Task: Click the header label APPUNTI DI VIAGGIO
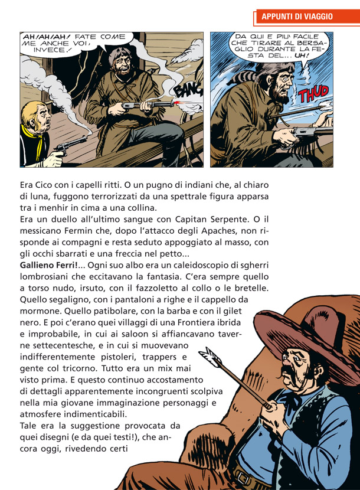point(297,17)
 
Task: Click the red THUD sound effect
point(312,95)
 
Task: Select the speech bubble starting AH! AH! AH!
point(74,43)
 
